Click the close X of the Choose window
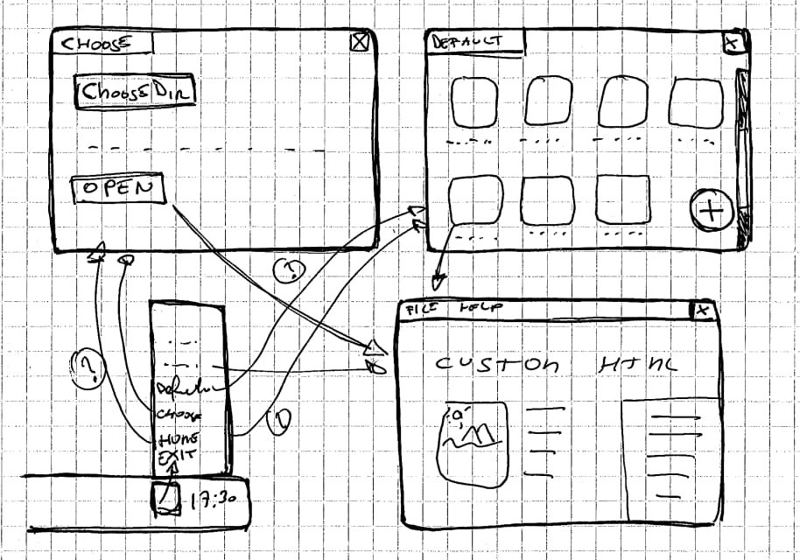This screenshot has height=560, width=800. [x=359, y=42]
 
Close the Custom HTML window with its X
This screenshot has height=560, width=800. [x=702, y=310]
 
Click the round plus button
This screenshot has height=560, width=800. [x=712, y=210]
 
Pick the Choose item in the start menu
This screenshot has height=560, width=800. [x=179, y=414]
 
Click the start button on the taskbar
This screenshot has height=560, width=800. [x=165, y=497]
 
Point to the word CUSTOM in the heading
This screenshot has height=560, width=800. [x=497, y=363]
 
